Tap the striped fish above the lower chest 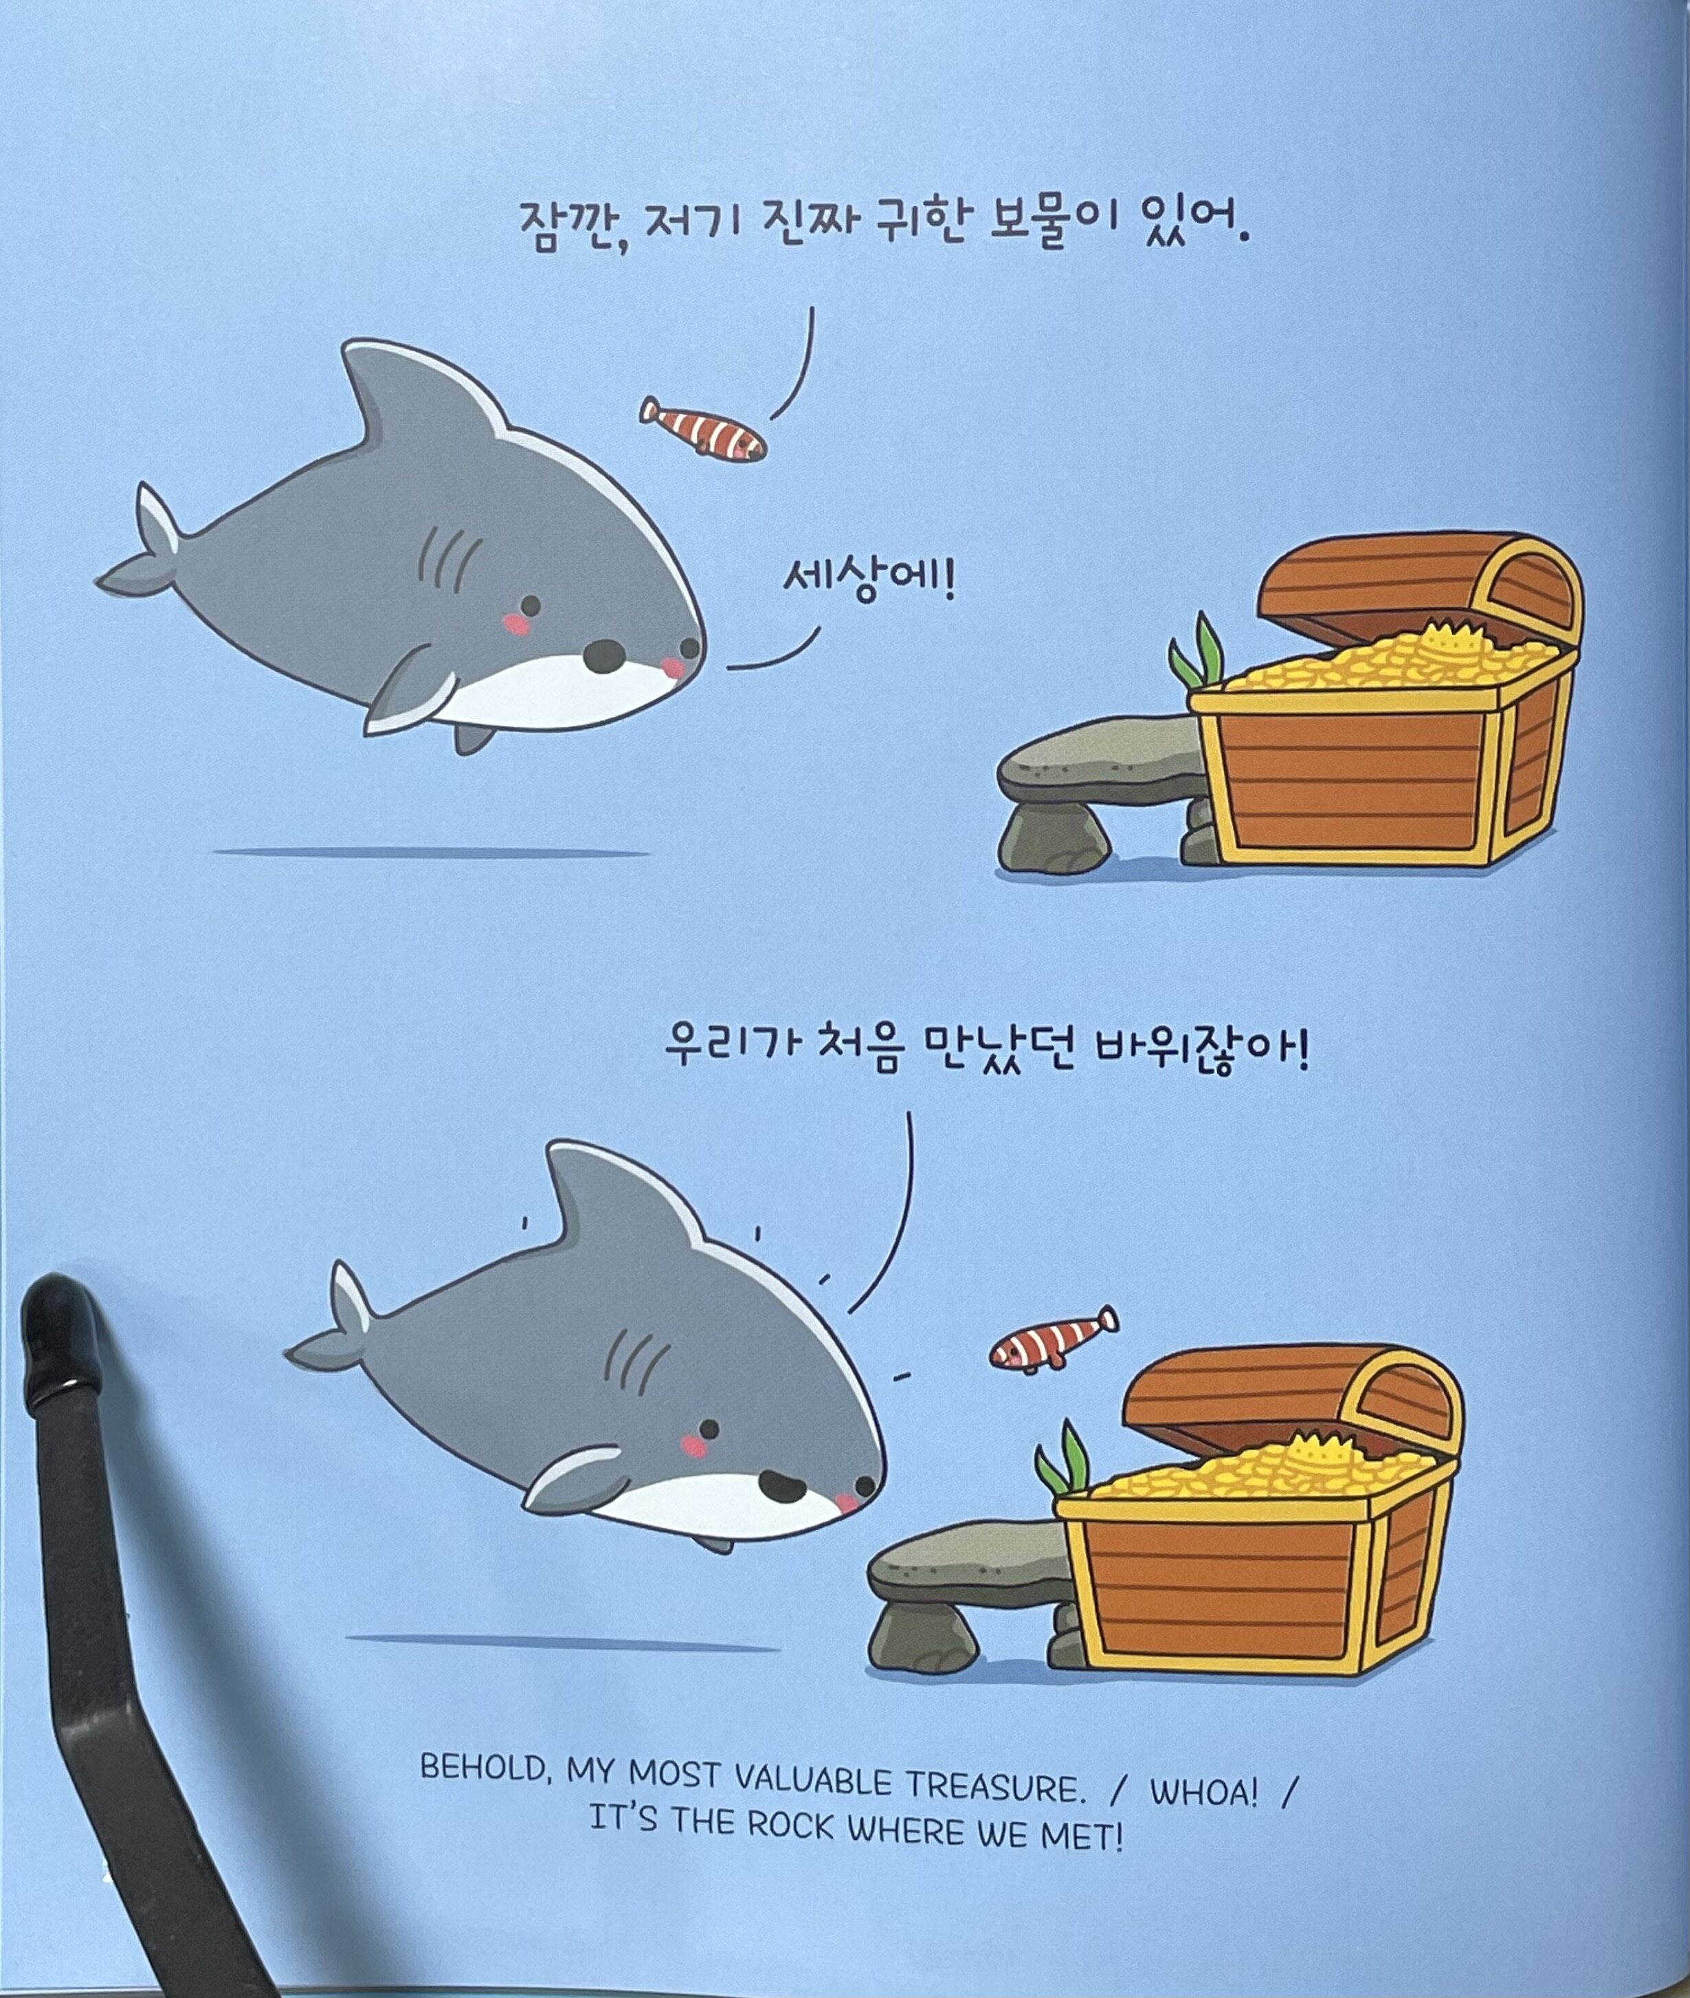click(1052, 1339)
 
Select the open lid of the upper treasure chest click(1418, 586)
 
